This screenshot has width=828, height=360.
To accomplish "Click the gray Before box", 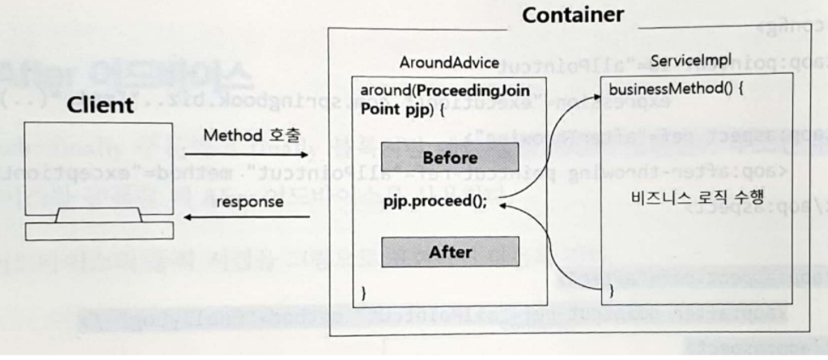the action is tap(448, 158).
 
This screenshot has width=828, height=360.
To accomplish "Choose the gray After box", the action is tap(450, 251).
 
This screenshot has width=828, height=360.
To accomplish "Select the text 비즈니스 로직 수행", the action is tap(684, 196).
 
